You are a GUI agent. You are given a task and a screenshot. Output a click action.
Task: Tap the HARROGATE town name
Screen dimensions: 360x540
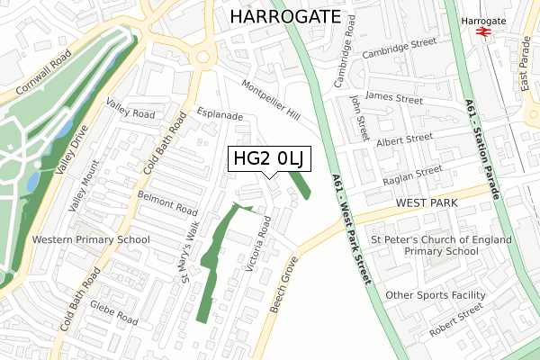coord(285,16)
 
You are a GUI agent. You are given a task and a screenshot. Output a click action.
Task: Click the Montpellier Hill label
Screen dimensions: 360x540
coord(271,100)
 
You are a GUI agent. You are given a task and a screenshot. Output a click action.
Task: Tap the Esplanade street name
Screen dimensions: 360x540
coord(220,116)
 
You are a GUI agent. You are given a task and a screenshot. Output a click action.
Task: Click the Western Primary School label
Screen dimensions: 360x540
coord(91,240)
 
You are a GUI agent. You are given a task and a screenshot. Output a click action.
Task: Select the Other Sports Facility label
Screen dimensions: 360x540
coord(436,295)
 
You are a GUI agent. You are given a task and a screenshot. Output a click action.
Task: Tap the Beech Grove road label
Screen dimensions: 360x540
coord(282,283)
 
